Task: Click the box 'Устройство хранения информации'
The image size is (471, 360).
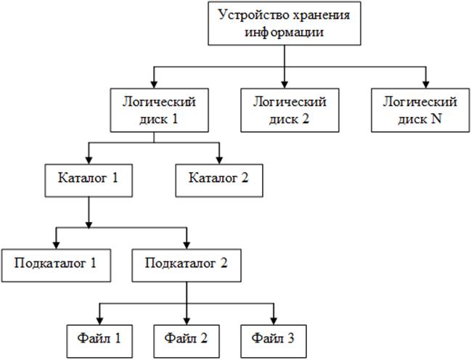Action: tap(283, 24)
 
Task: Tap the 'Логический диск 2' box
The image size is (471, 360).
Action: tap(284, 110)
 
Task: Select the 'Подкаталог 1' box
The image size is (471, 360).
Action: tap(55, 265)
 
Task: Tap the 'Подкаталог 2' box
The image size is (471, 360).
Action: tap(188, 265)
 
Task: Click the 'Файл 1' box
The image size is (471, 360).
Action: tap(99, 338)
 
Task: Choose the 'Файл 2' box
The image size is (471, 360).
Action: tap(187, 338)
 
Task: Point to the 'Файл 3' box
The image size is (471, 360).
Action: tap(274, 338)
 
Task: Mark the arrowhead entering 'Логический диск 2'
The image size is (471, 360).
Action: tap(284, 83)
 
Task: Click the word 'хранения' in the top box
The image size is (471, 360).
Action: tap(308, 16)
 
